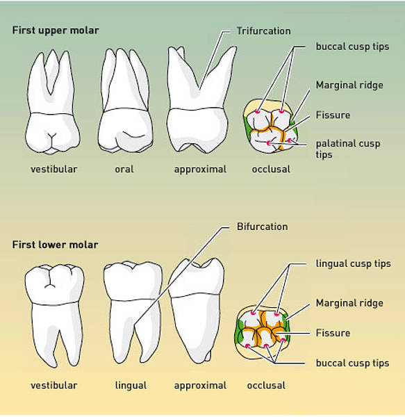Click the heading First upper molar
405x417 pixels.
click(56, 31)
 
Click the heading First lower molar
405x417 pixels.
click(56, 245)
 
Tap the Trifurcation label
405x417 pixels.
click(263, 31)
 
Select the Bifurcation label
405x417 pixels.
click(263, 227)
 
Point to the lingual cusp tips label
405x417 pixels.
click(353, 264)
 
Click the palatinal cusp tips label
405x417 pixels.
click(348, 149)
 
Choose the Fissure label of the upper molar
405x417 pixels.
click(333, 115)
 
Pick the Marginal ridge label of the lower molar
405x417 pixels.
click(349, 303)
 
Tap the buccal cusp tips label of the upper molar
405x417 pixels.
click(352, 47)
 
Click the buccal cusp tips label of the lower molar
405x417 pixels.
click(352, 363)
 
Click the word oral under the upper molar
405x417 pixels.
click(124, 169)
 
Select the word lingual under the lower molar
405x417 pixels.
click(131, 386)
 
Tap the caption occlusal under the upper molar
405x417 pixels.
click(271, 169)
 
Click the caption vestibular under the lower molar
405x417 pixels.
click(54, 385)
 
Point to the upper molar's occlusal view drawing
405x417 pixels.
click(270, 126)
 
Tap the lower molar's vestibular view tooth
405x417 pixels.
click(54, 314)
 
